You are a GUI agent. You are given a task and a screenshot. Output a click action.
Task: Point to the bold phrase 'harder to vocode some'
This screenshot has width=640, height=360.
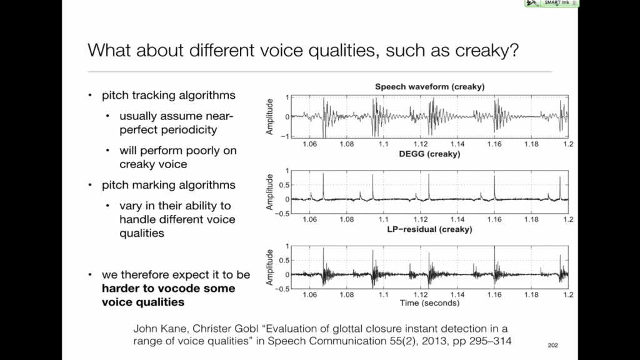[169, 288]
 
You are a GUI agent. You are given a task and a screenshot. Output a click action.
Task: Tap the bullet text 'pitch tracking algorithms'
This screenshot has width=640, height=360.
[169, 95]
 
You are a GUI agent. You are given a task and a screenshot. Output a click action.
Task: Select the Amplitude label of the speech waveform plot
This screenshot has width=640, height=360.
[271, 117]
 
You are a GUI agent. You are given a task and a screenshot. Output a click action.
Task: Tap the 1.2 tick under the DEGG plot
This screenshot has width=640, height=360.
[567, 220]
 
